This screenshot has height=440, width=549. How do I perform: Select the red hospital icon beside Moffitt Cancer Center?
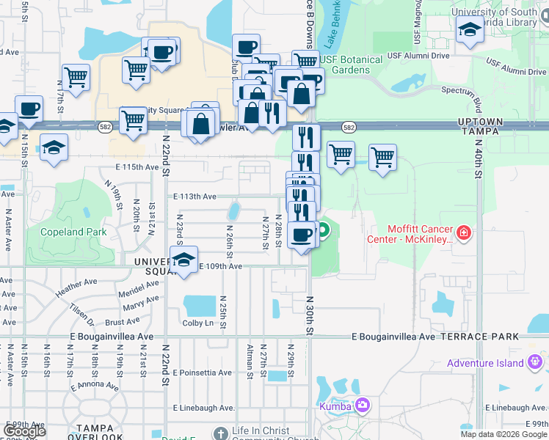point(463,234)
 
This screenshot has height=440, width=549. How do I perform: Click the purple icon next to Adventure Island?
point(536,362)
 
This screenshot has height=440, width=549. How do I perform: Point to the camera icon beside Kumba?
point(362,405)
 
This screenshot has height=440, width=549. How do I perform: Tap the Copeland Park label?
point(74,232)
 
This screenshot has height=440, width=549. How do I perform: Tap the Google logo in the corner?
point(24,431)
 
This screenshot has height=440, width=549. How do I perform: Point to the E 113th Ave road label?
point(194,197)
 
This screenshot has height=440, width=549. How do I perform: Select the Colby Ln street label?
point(197,323)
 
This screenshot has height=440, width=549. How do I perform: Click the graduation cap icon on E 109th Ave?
point(183,259)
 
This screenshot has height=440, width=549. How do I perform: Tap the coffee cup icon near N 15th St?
point(29,108)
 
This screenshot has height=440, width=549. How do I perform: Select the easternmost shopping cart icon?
point(382,156)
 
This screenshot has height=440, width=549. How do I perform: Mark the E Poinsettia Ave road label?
point(203,373)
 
